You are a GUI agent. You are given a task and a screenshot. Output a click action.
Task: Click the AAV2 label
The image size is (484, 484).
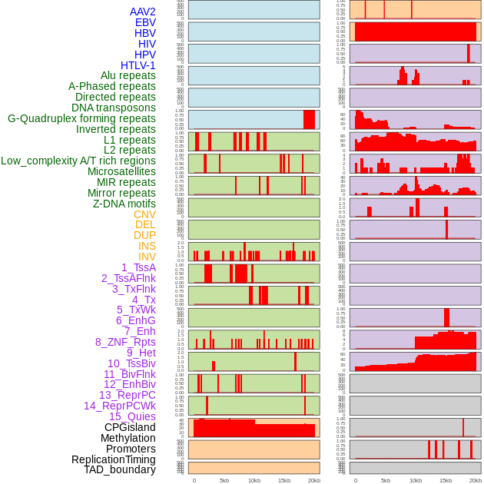point(143,12)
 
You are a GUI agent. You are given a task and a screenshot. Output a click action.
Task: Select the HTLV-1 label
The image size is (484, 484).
point(138,65)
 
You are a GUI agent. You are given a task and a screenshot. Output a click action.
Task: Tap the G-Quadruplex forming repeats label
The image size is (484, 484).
point(81,119)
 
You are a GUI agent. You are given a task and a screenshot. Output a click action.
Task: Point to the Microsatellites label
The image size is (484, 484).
point(121,171)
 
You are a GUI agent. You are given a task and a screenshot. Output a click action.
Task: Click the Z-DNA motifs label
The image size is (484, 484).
point(124,204)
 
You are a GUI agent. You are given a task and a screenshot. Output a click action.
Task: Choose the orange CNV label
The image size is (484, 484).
point(144,214)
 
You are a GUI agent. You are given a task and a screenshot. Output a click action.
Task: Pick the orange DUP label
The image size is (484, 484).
point(144,235)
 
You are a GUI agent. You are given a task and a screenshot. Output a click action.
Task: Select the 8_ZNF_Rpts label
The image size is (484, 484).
point(125,342)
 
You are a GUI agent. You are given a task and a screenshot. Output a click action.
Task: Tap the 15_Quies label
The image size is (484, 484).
point(132,416)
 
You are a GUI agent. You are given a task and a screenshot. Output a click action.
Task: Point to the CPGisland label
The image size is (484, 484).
point(130,427)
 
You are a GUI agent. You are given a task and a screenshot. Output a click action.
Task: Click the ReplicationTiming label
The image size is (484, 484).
point(114,459)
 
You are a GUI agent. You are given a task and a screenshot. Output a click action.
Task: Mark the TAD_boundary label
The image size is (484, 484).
point(120,469)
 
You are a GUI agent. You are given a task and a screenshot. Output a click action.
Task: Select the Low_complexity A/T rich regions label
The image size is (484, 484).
point(78,161)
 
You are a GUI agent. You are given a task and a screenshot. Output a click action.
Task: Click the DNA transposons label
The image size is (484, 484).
point(114,108)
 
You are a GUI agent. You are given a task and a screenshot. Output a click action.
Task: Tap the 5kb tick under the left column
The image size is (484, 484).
point(224,480)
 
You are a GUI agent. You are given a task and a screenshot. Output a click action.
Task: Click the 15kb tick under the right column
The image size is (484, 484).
point(446,480)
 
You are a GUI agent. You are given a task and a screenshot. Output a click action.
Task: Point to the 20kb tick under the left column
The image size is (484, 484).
point(314,480)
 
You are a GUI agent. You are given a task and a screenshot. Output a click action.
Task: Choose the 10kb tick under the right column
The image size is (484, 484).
point(415,480)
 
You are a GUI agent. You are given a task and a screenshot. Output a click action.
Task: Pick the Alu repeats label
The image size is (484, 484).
point(128,75)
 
